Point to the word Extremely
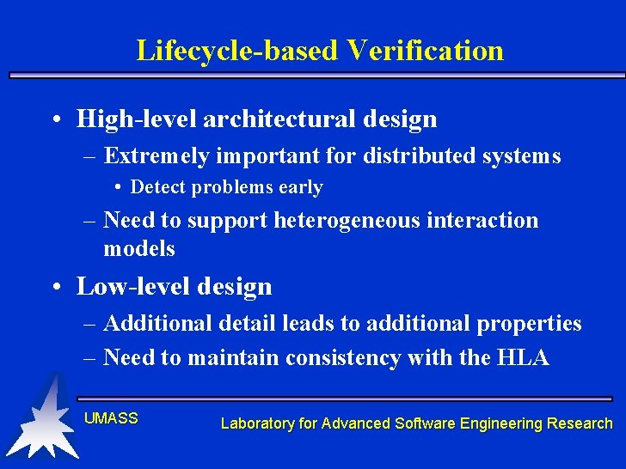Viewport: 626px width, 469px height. pyautogui.click(x=156, y=156)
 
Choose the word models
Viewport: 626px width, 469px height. pyautogui.click(x=139, y=249)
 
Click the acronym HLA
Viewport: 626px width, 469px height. pyautogui.click(x=523, y=358)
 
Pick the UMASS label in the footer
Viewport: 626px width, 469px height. pyautogui.click(x=111, y=418)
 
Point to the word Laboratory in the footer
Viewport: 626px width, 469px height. pyautogui.click(x=256, y=423)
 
